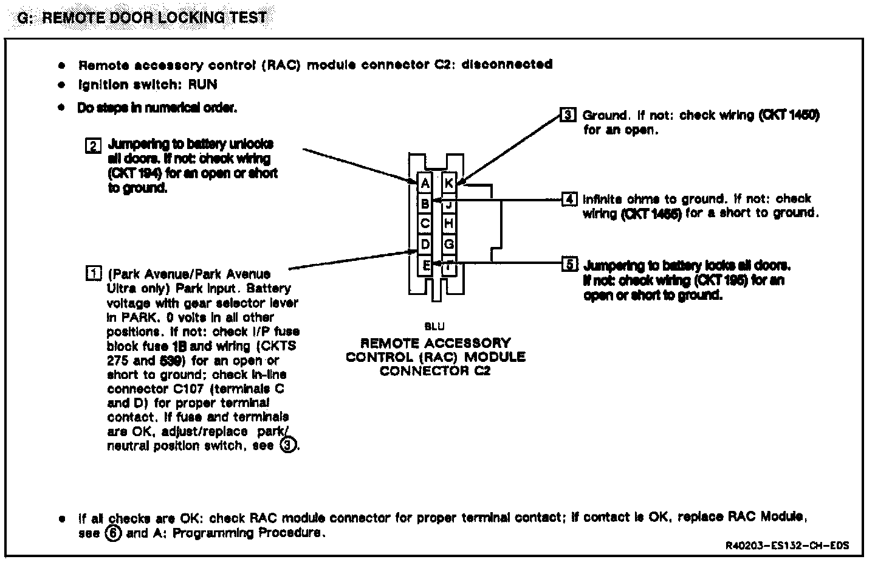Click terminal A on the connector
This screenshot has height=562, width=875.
click(x=425, y=182)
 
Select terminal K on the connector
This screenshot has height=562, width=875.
click(x=449, y=182)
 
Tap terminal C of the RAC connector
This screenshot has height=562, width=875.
click(x=425, y=223)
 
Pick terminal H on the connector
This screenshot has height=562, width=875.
click(x=449, y=223)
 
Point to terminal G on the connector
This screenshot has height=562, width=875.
click(x=449, y=244)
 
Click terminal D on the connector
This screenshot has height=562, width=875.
click(x=425, y=244)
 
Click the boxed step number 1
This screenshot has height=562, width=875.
click(x=93, y=274)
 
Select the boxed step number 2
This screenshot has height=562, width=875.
click(x=93, y=146)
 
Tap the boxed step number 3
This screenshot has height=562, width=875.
click(x=567, y=114)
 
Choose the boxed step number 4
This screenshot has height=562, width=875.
click(x=569, y=199)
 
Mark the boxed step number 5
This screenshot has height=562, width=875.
click(x=569, y=265)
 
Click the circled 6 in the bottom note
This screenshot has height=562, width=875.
click(x=114, y=533)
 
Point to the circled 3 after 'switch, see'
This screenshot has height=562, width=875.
click(x=289, y=446)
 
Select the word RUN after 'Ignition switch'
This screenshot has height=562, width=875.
click(x=202, y=85)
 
